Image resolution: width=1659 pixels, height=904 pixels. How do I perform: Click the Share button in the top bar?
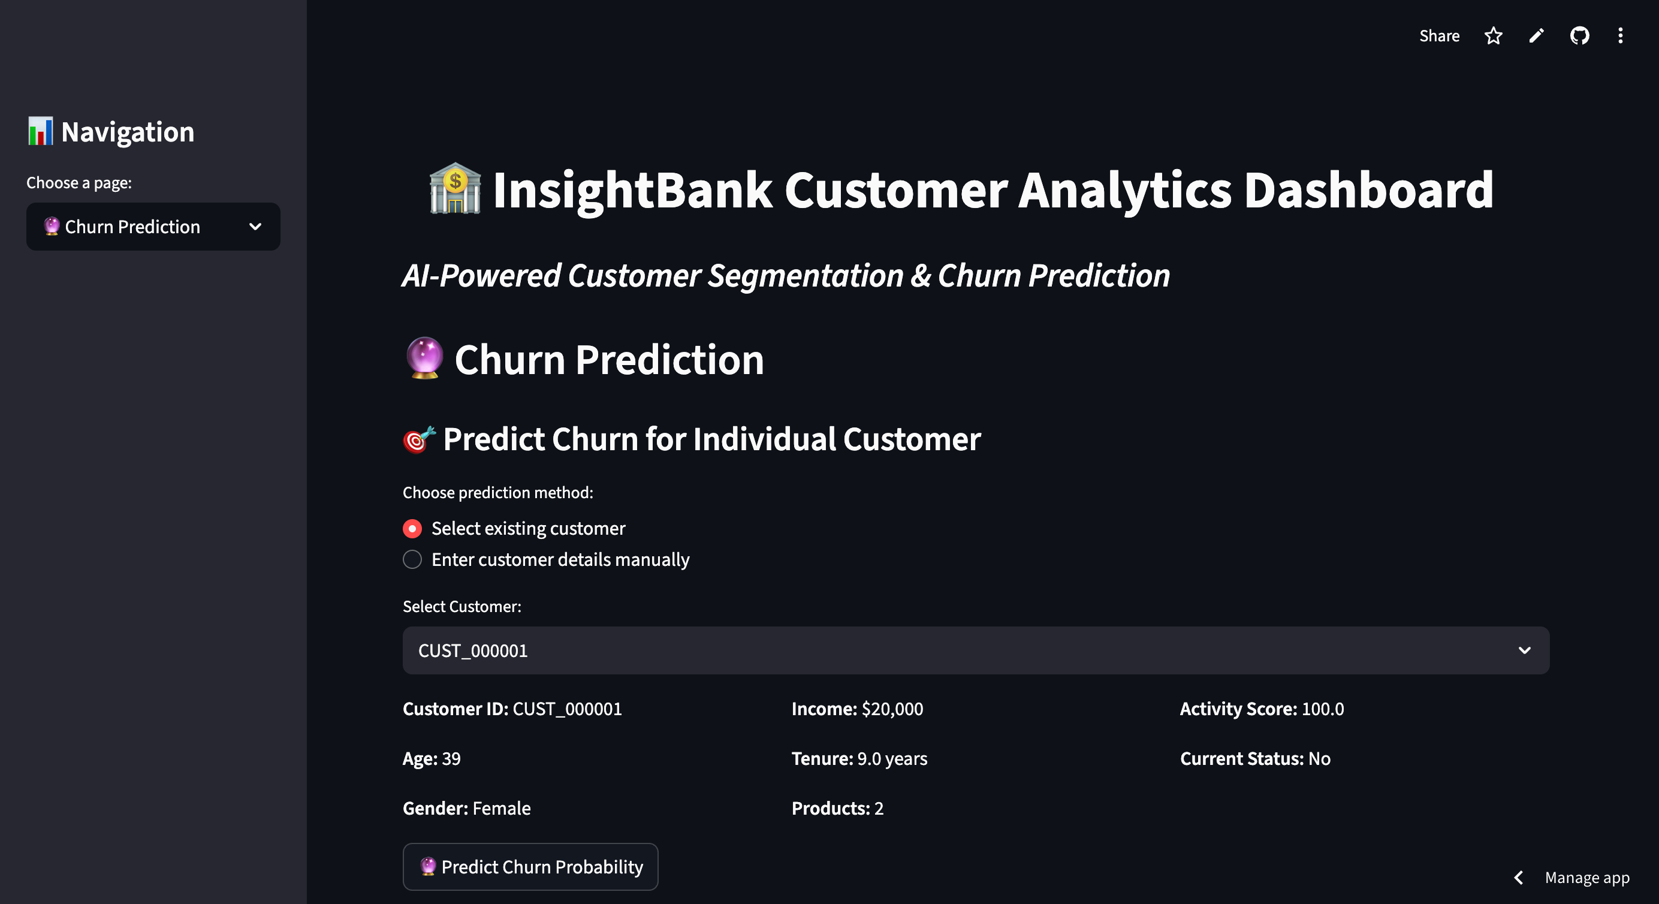point(1439,36)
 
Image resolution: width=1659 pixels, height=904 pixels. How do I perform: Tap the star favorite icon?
point(1493,36)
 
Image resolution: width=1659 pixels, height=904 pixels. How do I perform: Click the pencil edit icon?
point(1536,36)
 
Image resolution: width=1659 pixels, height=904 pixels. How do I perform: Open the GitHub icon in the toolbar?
point(1579,36)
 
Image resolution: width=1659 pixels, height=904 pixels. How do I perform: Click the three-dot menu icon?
point(1621,36)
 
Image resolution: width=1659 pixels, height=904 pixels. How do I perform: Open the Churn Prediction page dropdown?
point(153,227)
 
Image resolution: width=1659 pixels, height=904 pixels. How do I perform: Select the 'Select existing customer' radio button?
point(412,528)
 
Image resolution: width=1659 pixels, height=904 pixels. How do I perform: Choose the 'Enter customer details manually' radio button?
point(412,559)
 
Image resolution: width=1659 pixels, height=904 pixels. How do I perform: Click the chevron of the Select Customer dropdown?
point(1524,651)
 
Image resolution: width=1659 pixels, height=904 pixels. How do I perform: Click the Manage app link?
point(1587,878)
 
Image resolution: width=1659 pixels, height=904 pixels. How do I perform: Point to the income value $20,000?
point(892,709)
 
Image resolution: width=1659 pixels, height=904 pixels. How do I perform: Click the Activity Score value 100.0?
point(1323,709)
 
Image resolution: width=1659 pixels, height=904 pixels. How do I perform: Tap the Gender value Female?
point(502,808)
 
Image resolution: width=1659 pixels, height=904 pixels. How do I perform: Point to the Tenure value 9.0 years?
point(892,759)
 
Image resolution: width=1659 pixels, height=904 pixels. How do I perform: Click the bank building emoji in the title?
point(455,188)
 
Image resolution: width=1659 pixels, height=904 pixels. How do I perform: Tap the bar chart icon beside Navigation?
point(40,131)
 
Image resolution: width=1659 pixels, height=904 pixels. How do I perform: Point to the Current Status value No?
point(1320,759)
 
